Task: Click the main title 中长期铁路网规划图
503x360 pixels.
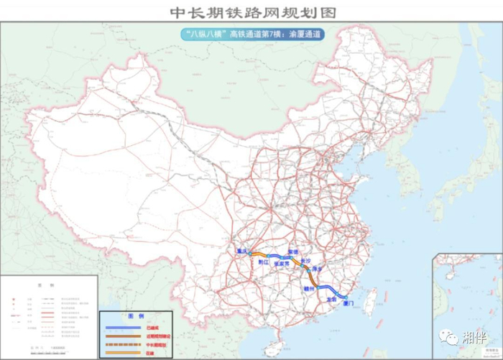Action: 251,13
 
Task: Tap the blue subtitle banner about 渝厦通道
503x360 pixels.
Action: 251,34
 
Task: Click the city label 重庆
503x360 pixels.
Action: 241,251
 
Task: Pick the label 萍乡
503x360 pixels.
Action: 320,268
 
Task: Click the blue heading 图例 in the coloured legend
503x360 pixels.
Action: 136,316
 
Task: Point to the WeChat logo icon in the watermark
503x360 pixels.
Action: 448,336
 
